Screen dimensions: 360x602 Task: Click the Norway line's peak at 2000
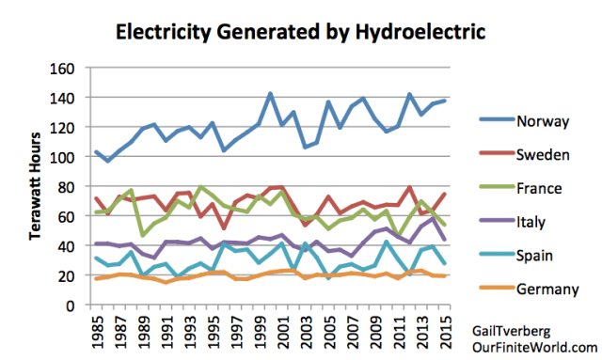point(270,94)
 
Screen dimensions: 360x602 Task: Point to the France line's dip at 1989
point(143,234)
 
